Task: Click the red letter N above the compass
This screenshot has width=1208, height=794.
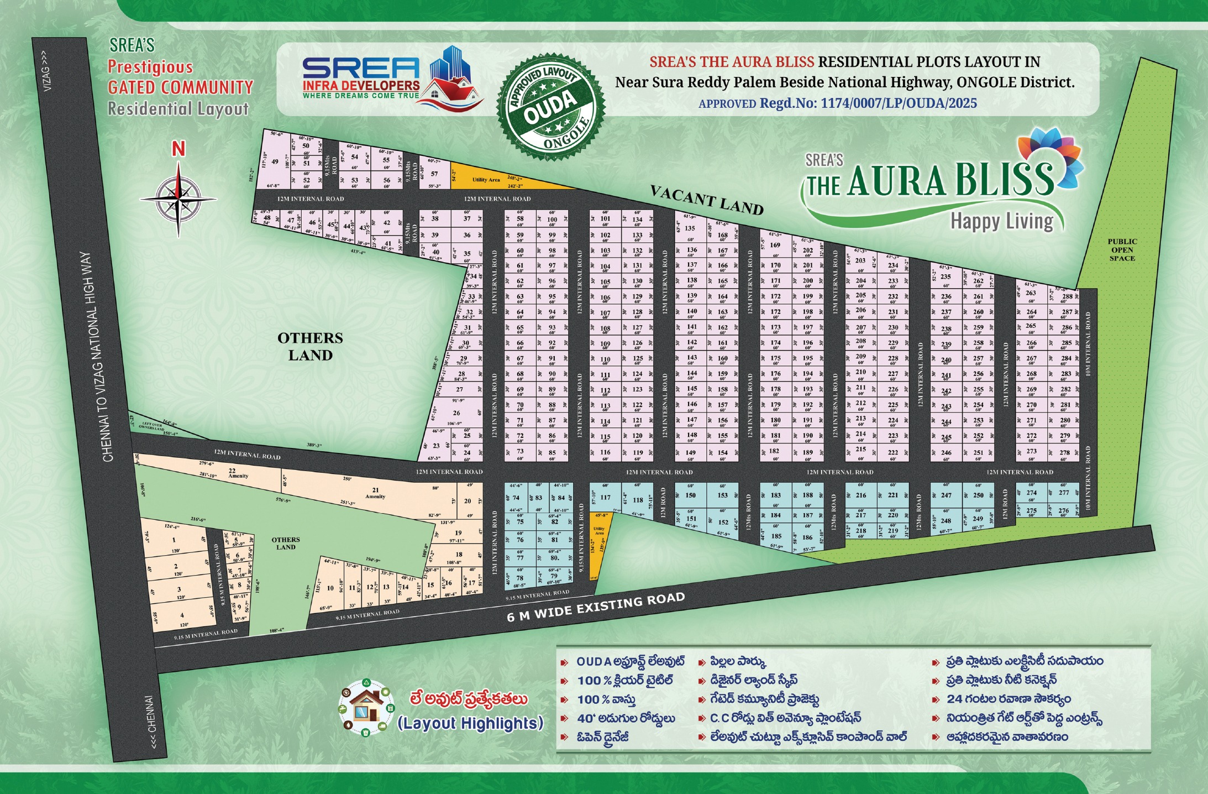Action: [x=178, y=149]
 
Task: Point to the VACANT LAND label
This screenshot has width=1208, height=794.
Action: [x=707, y=200]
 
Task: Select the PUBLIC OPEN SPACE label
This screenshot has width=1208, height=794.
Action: [x=1122, y=250]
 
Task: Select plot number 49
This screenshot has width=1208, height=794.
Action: [x=275, y=162]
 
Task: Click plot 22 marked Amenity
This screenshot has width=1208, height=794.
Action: [x=234, y=473]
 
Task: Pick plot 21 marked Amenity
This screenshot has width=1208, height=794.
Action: [x=375, y=493]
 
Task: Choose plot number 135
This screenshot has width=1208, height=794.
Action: [x=690, y=228]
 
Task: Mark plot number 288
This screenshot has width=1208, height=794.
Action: [x=1067, y=297]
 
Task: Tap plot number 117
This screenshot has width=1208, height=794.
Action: [x=606, y=497]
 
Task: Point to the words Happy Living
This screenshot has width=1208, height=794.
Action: [x=1001, y=221]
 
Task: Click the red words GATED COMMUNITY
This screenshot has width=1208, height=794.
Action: [x=180, y=87]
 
